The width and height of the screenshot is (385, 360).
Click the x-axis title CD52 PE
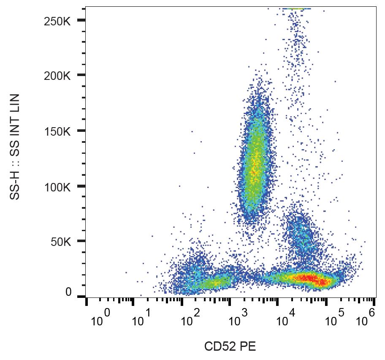tap(230, 347)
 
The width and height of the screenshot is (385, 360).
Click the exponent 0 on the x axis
tap(107, 313)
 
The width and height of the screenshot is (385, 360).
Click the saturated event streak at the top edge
tap(297, 8)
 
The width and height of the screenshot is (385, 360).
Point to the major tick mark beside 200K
tap(81, 75)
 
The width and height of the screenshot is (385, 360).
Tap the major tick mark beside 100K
tap(81, 186)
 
